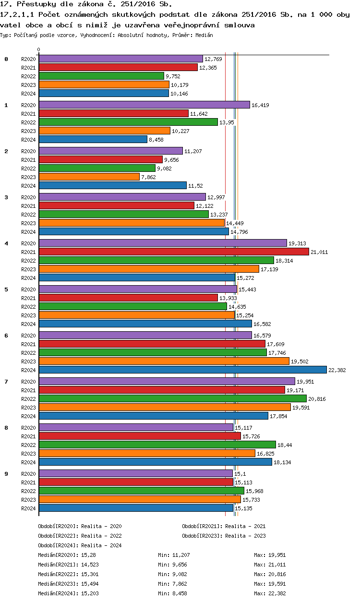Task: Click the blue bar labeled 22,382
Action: pos(182,370)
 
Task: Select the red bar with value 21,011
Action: pos(174,252)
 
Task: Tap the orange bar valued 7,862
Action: pos(89,177)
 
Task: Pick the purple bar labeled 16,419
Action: pos(144,105)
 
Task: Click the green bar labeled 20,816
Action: pos(172,398)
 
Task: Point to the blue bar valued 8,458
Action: pos(93,139)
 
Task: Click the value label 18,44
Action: pos(285,445)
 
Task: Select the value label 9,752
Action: pos(173,76)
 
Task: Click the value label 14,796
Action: pos(240,232)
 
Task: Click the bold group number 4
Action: pos(6,243)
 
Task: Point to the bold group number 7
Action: pos(6,382)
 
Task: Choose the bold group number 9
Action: pos(6,474)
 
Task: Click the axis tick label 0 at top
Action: pos(38,49)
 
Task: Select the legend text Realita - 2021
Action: pos(248,527)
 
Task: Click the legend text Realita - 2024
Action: pos(101,546)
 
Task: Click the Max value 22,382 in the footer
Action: pos(277,594)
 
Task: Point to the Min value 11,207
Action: pos(181,555)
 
